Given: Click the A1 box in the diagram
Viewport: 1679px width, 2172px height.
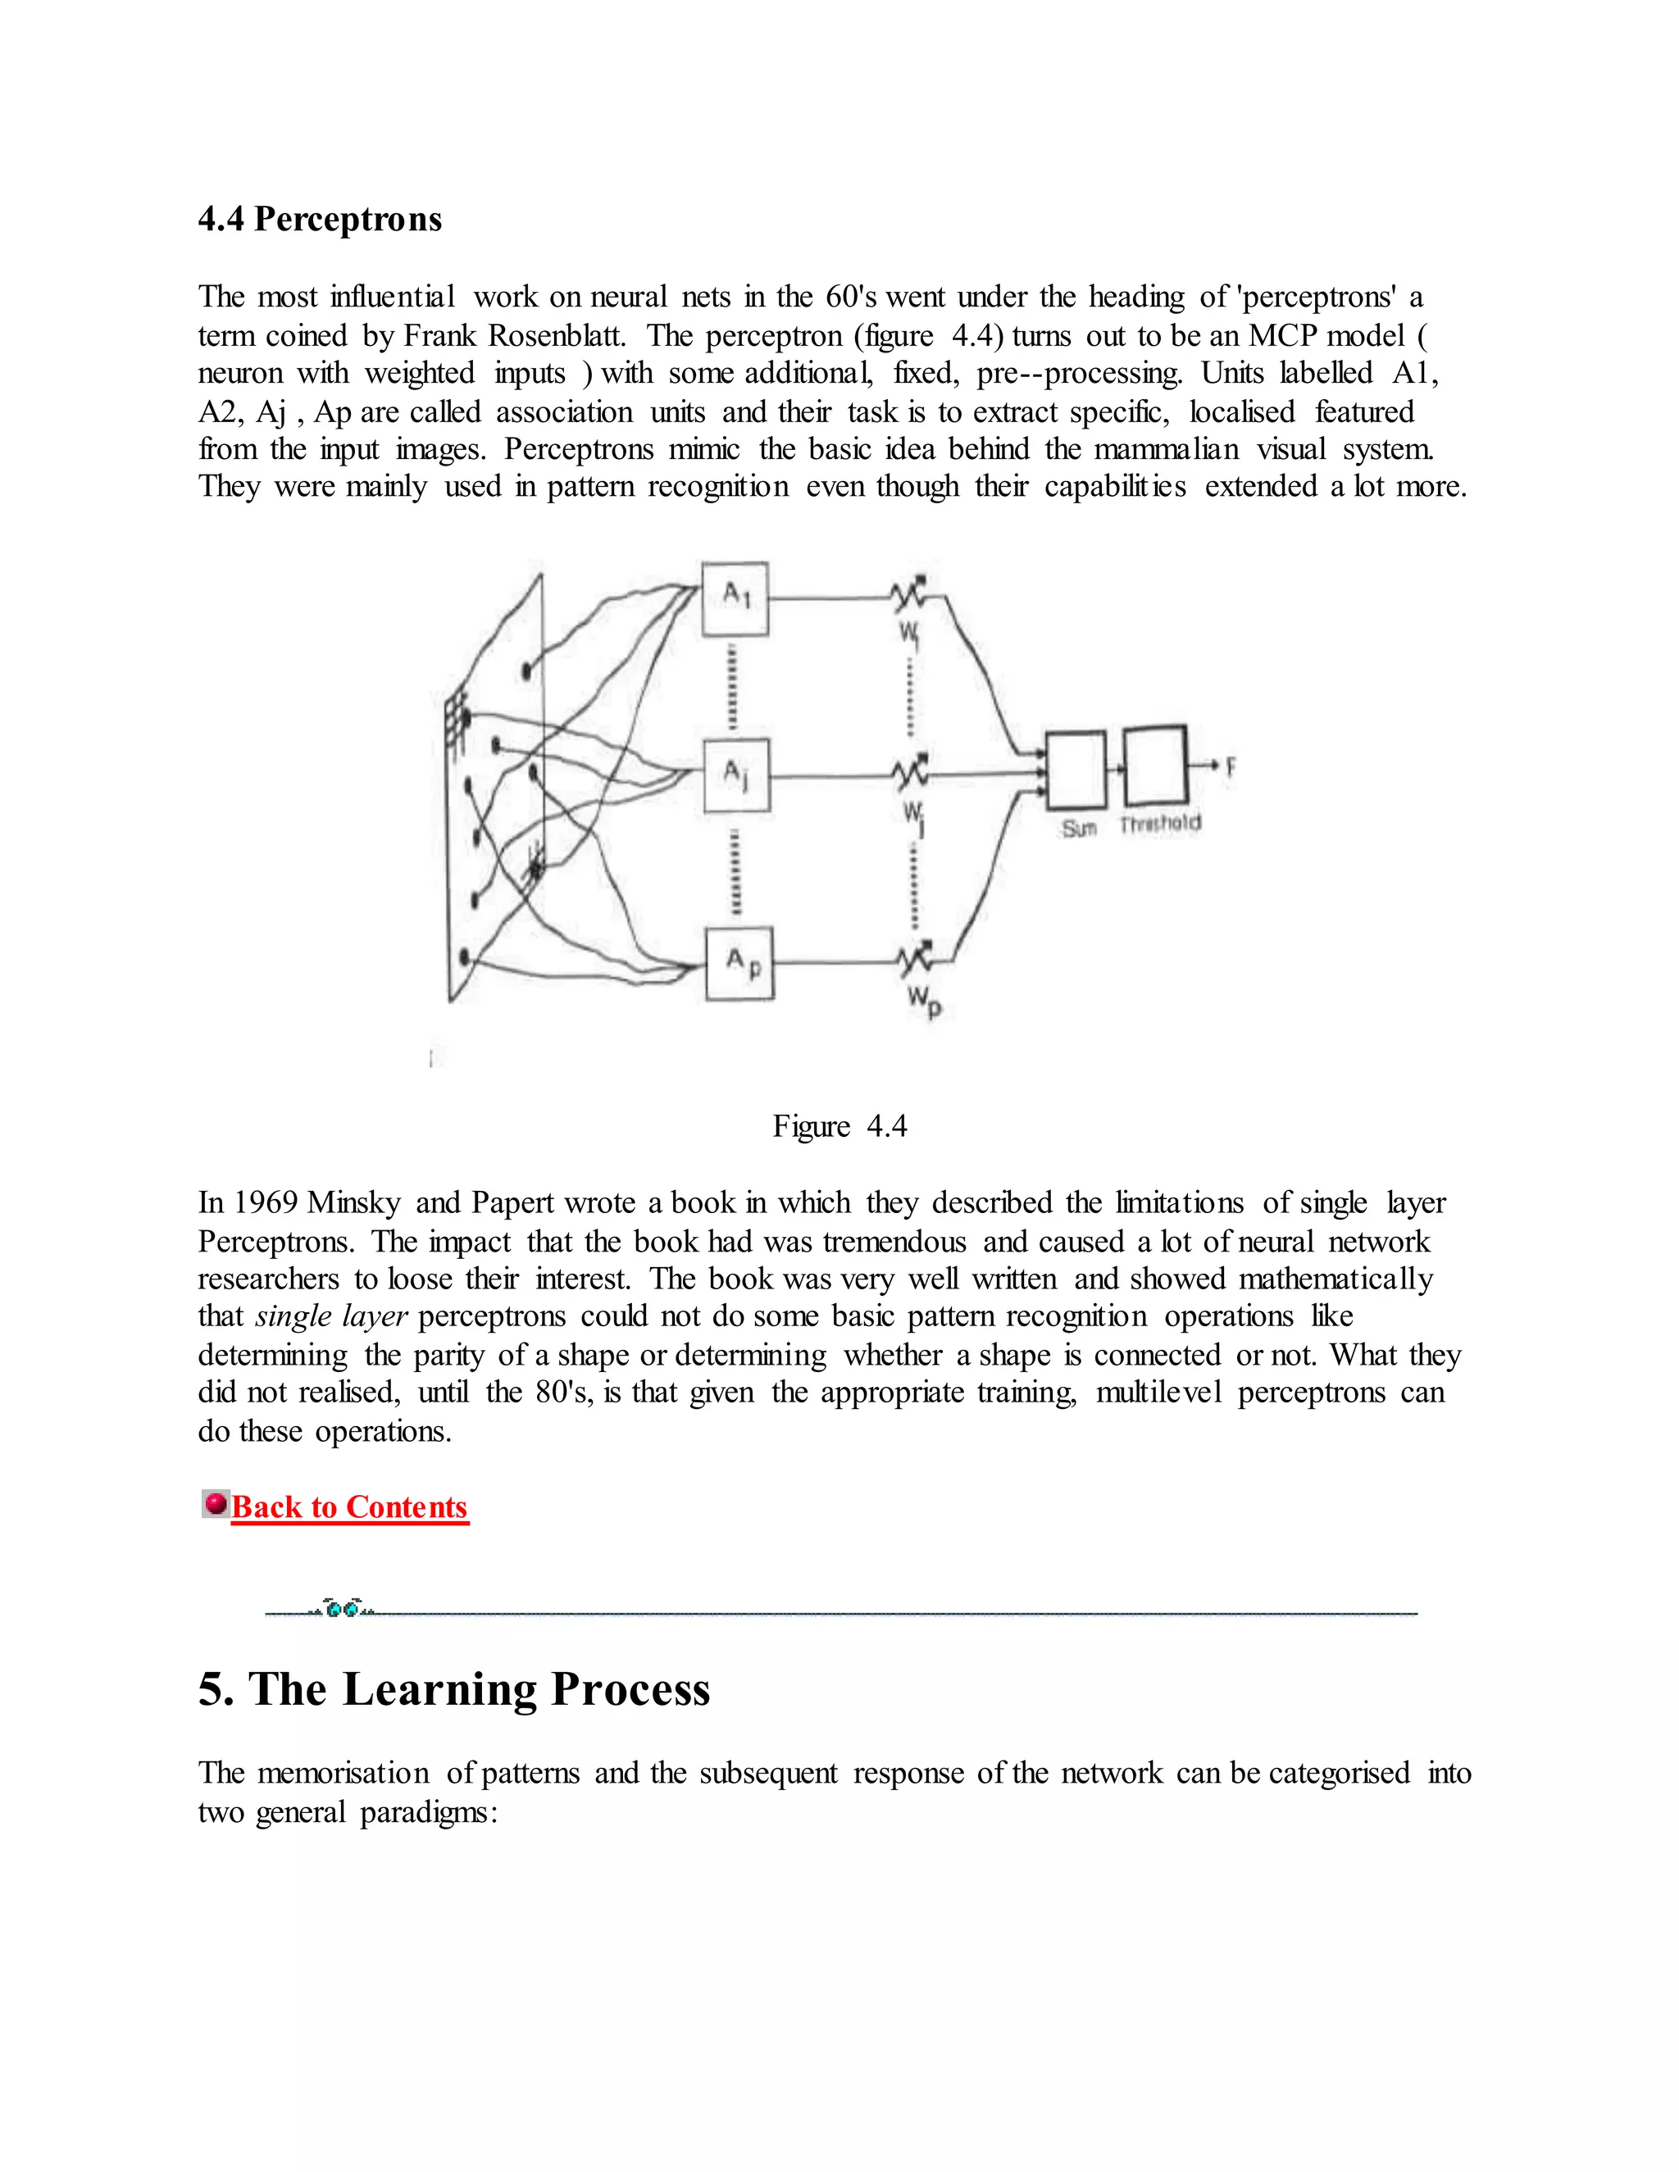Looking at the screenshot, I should pos(735,598).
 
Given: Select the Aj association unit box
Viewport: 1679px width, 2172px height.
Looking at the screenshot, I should pos(737,775).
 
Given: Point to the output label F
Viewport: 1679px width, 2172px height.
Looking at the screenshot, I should pos(1231,767).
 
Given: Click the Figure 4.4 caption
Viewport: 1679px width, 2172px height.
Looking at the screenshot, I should pos(839,1126).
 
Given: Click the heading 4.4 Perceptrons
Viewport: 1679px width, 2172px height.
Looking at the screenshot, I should pos(319,219).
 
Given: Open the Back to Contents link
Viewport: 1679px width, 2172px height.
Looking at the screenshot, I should pos(349,1506).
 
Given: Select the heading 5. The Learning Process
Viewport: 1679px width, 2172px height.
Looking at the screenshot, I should pos(453,1688).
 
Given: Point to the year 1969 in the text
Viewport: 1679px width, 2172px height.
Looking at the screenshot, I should pos(266,1202).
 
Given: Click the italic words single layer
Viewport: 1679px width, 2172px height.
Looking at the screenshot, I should pos(331,1317).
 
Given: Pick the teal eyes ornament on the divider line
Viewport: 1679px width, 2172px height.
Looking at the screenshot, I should pos(342,1608).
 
